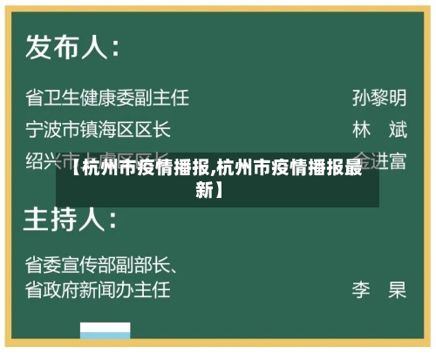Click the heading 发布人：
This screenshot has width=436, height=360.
coord(72,45)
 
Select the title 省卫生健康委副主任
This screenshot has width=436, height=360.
coord(106,96)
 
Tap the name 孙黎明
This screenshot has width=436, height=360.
coord(378,96)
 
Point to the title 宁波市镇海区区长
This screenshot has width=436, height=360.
coord(98,130)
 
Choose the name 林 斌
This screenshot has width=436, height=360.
coord(378,130)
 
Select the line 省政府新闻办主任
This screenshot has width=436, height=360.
coord(98,288)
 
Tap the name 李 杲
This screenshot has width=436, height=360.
coord(378,289)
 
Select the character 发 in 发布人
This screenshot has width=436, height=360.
coord(40,45)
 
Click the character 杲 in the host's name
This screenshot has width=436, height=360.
coord(397,289)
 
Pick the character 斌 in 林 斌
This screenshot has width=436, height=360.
coord(397,130)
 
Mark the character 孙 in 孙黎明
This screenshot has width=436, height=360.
coord(360,96)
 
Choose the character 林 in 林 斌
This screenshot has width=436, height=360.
coord(361,130)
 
